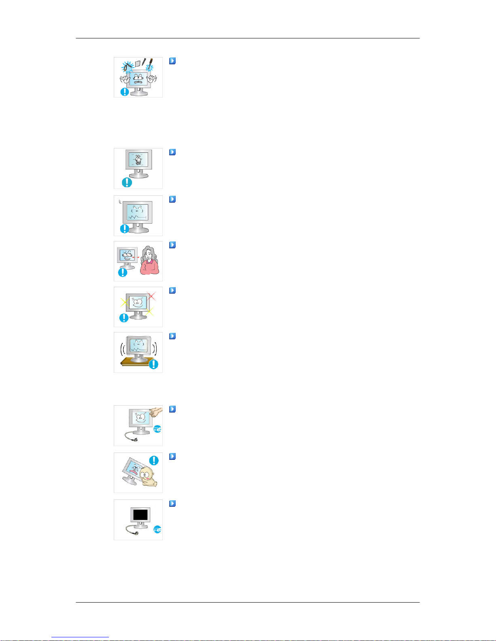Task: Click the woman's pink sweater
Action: pos(149,268)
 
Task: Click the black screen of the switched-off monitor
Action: pos(140,514)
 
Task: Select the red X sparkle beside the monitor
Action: pos(152,296)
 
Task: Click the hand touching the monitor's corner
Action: pos(155,412)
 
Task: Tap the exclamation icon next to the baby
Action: pos(154,460)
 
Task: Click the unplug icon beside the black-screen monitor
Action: pos(158,529)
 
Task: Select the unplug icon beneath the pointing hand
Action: pos(158,429)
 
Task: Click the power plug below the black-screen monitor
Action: pos(137,534)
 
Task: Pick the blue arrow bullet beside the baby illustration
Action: pos(172,457)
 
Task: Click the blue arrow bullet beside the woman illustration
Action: pos(172,245)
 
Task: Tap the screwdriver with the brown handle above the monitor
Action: pos(151,62)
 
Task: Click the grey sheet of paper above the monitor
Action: pos(138,63)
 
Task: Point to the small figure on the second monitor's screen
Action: pos(138,160)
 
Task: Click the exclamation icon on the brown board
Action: pos(153,364)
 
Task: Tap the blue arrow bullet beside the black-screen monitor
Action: pos(172,504)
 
